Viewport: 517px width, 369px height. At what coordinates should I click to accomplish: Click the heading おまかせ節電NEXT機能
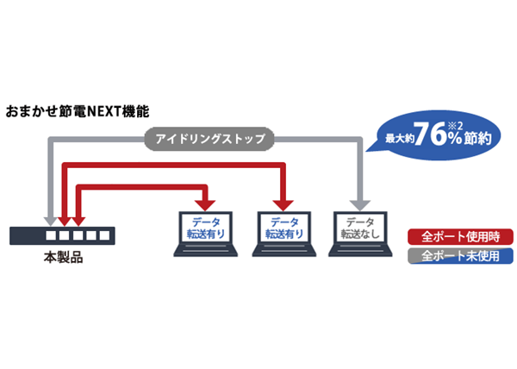tap(78, 111)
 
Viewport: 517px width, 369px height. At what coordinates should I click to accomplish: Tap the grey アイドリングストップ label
tap(209, 139)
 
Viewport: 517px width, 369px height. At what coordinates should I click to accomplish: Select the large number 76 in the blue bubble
tap(430, 134)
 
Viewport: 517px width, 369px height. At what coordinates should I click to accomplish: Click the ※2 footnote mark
tap(455, 126)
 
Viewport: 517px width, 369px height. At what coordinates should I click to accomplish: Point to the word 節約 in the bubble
tap(477, 139)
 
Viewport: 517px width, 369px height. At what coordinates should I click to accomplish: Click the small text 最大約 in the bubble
tap(400, 139)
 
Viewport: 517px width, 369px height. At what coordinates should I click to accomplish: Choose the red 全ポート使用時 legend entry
tap(460, 236)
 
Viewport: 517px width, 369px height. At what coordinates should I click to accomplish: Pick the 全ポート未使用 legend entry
tap(460, 256)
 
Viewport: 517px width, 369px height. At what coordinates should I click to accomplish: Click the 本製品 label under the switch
tap(63, 258)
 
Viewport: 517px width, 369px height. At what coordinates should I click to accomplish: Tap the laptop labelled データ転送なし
tap(360, 234)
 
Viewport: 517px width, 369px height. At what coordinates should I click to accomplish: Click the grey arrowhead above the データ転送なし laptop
tap(360, 205)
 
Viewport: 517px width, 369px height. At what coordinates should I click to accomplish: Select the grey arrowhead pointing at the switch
tap(51, 222)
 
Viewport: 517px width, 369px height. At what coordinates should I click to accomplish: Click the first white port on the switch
tap(51, 235)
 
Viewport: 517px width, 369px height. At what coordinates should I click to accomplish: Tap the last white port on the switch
tap(104, 235)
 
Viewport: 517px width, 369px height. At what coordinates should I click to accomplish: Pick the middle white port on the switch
tap(78, 235)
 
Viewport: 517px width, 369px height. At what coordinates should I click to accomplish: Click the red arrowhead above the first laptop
tap(205, 205)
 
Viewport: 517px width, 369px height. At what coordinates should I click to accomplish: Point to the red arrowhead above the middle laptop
tap(283, 205)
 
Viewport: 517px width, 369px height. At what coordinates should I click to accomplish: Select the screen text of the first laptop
tap(206, 228)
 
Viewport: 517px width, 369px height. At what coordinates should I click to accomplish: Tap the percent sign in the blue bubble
tap(455, 139)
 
